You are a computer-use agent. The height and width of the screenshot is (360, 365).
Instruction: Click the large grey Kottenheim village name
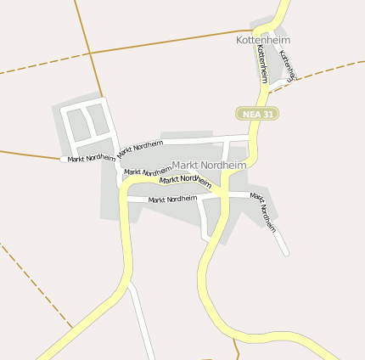click(263, 39)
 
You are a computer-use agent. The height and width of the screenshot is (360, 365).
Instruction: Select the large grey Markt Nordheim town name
click(209, 165)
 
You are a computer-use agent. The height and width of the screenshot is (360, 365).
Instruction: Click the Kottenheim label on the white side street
click(287, 66)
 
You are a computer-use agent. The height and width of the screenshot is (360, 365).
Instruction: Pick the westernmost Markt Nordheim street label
click(92, 159)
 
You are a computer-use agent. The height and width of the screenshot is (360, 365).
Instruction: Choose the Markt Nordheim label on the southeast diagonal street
click(264, 211)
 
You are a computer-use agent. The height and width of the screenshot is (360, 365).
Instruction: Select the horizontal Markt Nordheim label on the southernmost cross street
click(172, 200)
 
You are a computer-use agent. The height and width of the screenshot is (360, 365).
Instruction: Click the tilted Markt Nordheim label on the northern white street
click(140, 147)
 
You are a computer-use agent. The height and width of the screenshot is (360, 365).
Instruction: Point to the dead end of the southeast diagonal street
click(286, 252)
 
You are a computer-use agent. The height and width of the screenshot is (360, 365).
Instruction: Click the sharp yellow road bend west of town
click(125, 194)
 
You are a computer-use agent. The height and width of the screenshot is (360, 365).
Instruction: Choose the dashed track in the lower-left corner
click(34, 280)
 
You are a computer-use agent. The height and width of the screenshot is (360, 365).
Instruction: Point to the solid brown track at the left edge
click(25, 155)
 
